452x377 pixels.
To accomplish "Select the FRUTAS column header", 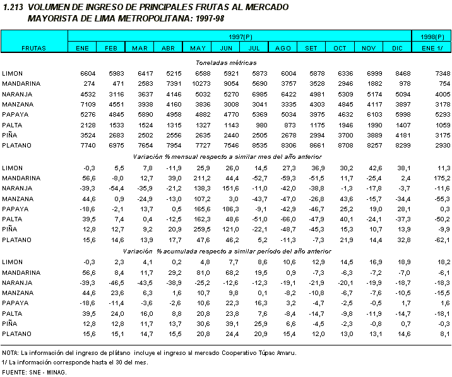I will (x=33, y=48).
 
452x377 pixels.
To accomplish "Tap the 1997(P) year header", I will (x=241, y=38).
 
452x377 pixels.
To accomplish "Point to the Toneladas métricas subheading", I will (x=225, y=64).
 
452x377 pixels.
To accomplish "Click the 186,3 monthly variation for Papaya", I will (x=230, y=209).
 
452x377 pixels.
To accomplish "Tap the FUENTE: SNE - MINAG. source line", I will (x=34, y=373).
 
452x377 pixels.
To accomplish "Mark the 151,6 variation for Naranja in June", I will (x=230, y=188).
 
